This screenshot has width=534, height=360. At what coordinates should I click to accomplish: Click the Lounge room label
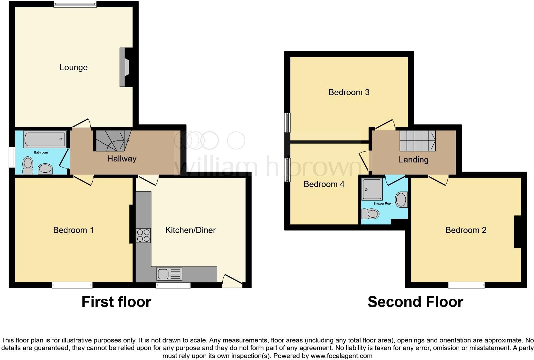(x=73, y=67)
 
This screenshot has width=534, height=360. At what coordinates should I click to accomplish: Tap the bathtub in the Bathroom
(x=45, y=139)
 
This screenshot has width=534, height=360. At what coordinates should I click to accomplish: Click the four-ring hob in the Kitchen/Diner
(x=143, y=236)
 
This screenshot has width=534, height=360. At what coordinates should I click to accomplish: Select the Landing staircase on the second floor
(x=417, y=141)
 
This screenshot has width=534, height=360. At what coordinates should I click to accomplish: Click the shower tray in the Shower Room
(x=372, y=189)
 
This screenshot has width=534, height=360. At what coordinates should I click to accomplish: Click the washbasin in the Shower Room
(x=401, y=200)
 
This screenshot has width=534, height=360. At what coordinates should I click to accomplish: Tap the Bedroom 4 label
(x=324, y=184)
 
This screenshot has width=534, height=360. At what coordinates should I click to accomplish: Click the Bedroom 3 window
(x=288, y=122)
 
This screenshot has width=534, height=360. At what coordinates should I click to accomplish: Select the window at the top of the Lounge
(x=75, y=4)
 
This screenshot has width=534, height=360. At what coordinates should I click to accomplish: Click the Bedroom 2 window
(x=466, y=285)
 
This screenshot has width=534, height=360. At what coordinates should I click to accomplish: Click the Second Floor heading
(x=415, y=302)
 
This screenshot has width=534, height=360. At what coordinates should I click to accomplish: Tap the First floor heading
(x=116, y=302)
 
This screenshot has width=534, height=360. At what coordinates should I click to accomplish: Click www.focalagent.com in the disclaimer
(x=341, y=356)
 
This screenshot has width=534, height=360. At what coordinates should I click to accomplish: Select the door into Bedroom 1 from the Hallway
(x=84, y=180)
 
